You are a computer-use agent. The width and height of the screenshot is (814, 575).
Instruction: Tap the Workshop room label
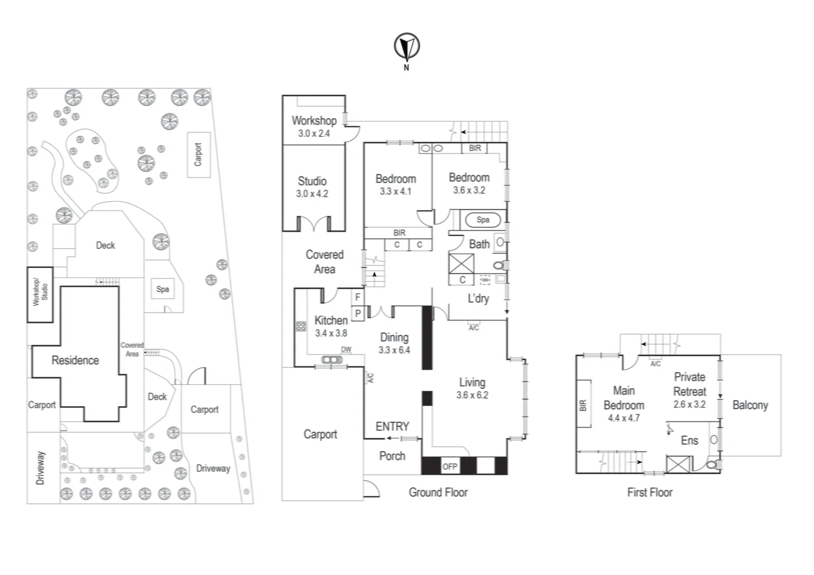(314, 121)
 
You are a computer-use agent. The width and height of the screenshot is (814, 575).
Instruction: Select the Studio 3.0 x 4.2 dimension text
(312, 194)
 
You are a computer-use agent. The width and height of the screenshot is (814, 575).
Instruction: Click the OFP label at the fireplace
(450, 466)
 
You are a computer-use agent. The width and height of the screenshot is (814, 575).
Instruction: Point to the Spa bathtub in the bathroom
(483, 219)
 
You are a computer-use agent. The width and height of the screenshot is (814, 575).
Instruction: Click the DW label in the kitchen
(346, 350)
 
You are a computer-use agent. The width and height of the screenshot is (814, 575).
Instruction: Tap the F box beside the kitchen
(357, 297)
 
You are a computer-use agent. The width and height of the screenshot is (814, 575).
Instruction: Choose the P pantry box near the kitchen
(357, 314)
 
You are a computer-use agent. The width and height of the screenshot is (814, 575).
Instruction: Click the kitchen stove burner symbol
(301, 326)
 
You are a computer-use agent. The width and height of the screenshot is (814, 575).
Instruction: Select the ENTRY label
(392, 426)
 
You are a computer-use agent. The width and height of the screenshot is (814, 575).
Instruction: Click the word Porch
(392, 456)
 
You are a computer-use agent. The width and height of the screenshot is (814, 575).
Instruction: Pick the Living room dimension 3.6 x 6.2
(472, 395)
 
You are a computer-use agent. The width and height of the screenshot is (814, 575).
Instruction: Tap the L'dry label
(478, 299)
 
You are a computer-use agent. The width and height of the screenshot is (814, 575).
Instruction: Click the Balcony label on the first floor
(750, 405)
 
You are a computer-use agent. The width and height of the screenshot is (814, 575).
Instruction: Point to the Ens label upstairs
(689, 440)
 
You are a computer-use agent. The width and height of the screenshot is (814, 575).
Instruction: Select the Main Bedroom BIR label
(583, 405)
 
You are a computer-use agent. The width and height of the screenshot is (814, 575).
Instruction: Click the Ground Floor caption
(438, 492)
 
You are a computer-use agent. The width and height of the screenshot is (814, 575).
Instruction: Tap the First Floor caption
(649, 492)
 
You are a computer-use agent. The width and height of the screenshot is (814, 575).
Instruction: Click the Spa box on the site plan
(162, 289)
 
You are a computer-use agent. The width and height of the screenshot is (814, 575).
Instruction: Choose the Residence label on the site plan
(75, 360)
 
